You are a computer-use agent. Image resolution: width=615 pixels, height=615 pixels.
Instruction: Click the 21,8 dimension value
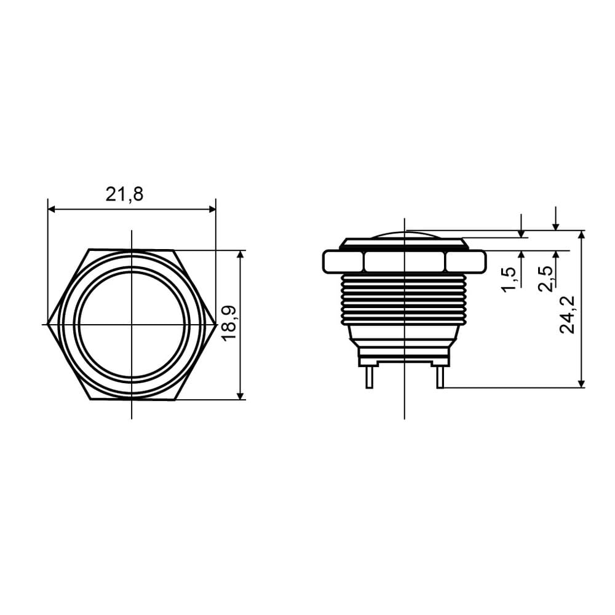[124, 194]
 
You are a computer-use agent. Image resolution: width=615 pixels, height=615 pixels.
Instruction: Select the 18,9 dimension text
[229, 323]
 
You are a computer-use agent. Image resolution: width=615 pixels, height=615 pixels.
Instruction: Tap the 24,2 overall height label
[567, 314]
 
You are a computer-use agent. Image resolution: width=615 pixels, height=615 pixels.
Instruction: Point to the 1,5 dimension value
[508, 280]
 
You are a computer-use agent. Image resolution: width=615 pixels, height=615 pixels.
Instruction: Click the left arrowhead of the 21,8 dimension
[52, 210]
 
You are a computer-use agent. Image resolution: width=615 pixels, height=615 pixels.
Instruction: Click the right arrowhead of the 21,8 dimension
[212, 210]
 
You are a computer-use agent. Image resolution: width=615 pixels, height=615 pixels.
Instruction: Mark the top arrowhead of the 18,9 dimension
[241, 255]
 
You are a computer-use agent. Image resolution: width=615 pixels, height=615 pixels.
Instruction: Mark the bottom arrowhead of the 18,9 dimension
[241, 395]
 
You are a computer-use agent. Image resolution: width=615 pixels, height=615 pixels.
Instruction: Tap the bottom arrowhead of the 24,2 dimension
[582, 384]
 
